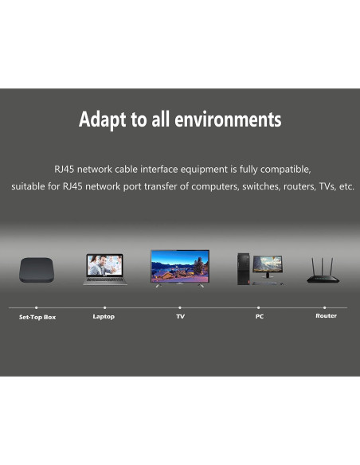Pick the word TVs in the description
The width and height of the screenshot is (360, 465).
pyautogui.click(x=323, y=187)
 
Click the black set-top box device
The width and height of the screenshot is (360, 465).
pyautogui.click(x=37, y=272)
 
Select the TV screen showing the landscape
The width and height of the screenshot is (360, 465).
pyautogui.click(x=180, y=266)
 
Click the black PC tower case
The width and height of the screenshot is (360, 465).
pyautogui.click(x=242, y=268)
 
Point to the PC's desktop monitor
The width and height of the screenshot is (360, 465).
pyautogui.click(x=267, y=265)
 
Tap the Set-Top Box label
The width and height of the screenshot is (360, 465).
pyautogui.click(x=37, y=317)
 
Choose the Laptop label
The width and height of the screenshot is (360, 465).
pyautogui.click(x=104, y=316)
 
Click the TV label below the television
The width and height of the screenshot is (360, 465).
pyautogui.click(x=180, y=316)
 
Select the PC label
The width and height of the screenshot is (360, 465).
pyautogui.click(x=259, y=316)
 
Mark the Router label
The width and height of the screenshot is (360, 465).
pyautogui.click(x=326, y=315)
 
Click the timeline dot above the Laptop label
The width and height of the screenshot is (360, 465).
pyautogui.click(x=104, y=307)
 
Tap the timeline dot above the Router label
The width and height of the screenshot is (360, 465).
pyautogui.click(x=324, y=307)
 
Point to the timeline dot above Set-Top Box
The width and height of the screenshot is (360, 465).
pyautogui.click(x=36, y=307)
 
